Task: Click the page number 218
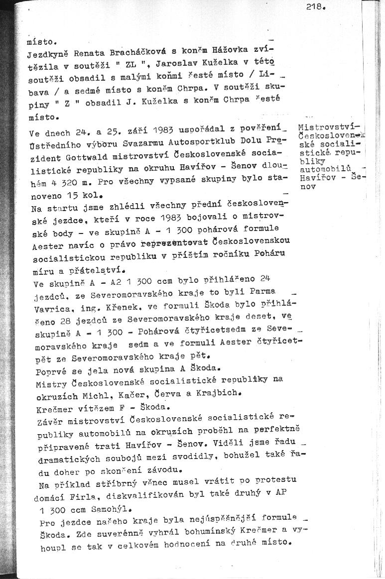pos(317,7)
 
